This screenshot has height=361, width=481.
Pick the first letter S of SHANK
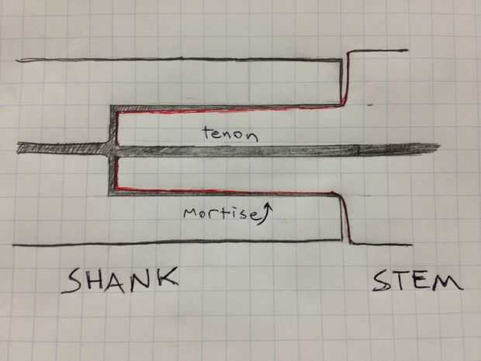(x=72, y=281)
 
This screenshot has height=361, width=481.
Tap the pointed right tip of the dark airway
(x=438, y=146)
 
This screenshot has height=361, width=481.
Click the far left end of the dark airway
(x=19, y=147)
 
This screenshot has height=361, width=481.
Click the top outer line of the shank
(x=178, y=60)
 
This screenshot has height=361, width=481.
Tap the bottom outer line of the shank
(x=178, y=243)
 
